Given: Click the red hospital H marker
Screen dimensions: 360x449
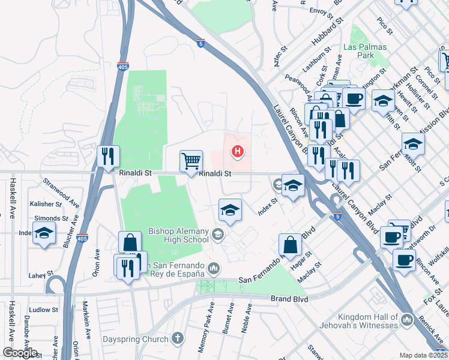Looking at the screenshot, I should (x=238, y=151).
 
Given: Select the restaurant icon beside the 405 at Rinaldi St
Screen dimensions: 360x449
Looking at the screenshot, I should (x=109, y=157).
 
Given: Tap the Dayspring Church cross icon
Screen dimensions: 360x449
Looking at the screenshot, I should (x=176, y=339).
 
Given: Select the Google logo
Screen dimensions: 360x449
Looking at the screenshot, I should (x=20, y=352).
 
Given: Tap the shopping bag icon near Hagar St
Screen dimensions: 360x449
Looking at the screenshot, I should (x=290, y=244).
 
